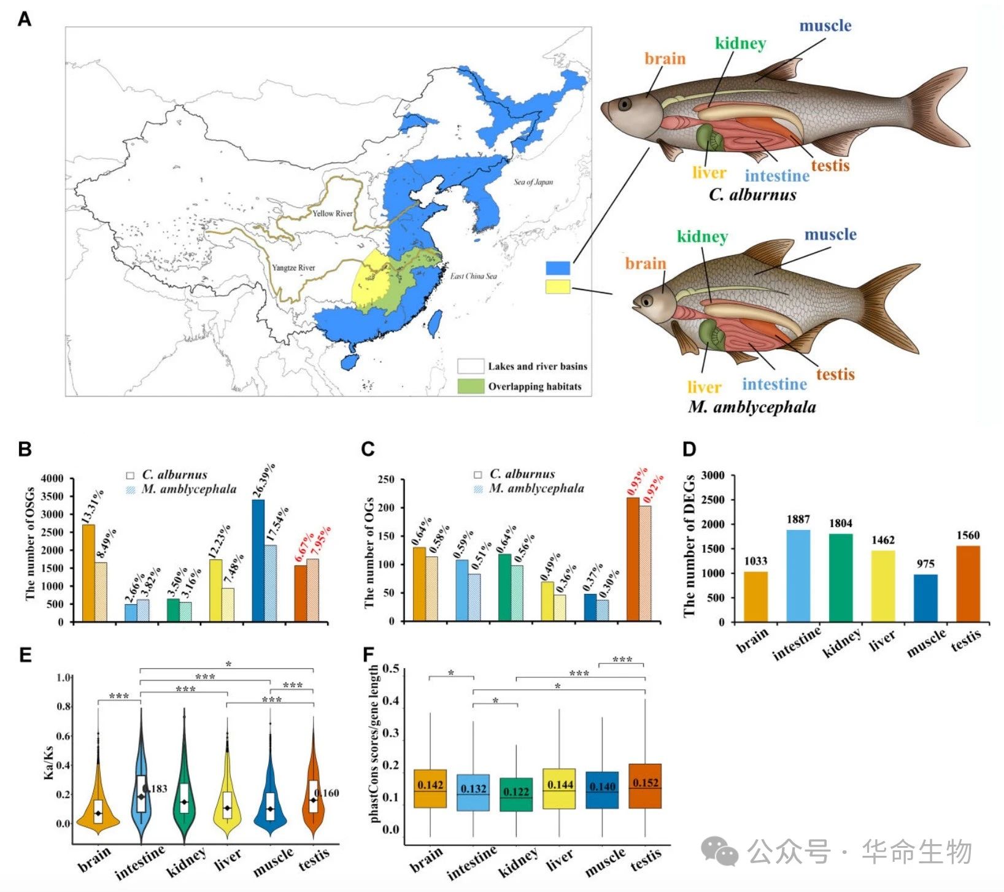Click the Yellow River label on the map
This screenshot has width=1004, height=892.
(x=333, y=213)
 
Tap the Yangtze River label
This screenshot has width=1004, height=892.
(x=293, y=267)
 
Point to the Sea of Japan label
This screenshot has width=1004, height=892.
(x=533, y=182)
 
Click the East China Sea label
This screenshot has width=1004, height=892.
(x=473, y=276)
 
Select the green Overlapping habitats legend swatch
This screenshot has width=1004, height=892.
(x=470, y=386)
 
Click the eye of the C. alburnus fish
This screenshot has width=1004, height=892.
(x=624, y=104)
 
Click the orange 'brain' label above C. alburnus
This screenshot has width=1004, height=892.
(x=665, y=59)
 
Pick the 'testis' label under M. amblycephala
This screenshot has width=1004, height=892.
(x=835, y=374)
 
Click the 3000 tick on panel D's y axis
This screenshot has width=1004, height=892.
(x=712, y=475)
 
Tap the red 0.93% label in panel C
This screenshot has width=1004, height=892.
(x=637, y=481)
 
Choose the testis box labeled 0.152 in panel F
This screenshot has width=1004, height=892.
(x=645, y=786)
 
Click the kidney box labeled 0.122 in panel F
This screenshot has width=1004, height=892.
(x=516, y=794)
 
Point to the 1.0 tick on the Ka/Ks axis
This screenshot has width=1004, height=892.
(x=63, y=678)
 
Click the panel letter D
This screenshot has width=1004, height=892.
(x=689, y=449)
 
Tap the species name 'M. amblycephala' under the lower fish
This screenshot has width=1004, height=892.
(x=752, y=407)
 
